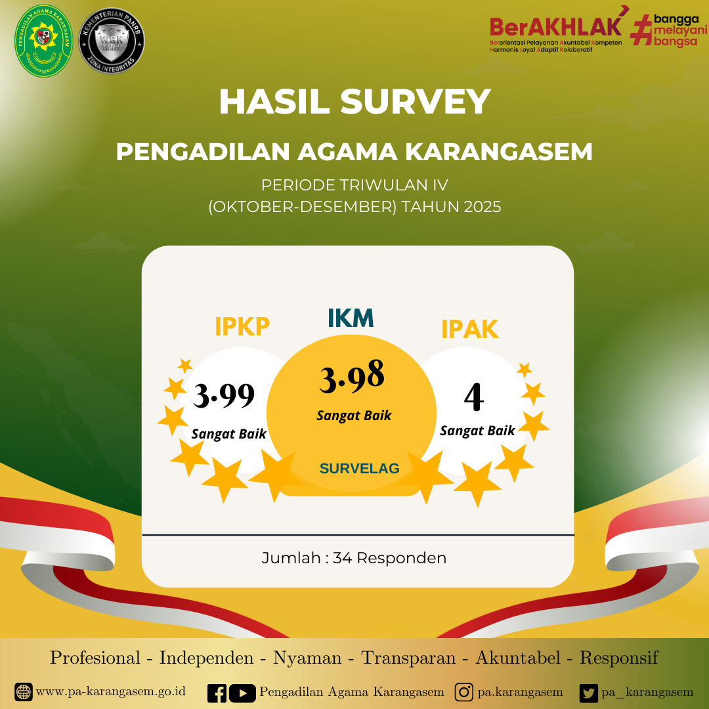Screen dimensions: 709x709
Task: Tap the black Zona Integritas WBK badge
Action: click(x=112, y=41)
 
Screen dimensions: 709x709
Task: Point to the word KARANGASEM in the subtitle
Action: click(x=499, y=152)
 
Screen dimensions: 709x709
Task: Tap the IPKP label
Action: click(x=242, y=326)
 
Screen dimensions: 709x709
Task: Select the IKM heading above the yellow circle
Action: click(x=351, y=318)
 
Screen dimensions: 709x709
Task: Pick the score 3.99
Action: click(x=224, y=395)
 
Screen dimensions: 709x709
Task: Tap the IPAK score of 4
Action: click(x=473, y=398)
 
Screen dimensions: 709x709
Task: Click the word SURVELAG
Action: click(x=359, y=468)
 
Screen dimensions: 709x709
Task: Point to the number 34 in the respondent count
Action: click(x=342, y=558)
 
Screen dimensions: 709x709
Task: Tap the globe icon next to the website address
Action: click(x=24, y=692)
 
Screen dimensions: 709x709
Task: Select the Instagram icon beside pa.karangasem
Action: click(x=464, y=693)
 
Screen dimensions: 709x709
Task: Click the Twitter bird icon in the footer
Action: click(x=589, y=693)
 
